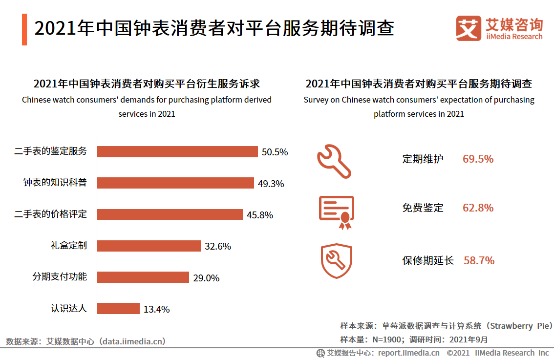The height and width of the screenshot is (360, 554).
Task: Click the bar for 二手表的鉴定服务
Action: [177, 151]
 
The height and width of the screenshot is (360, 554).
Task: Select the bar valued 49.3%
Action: [175, 183]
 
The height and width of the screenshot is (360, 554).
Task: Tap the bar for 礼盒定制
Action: [149, 246]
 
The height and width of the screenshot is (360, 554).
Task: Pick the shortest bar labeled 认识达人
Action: [119, 308]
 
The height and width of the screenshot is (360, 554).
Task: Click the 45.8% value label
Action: [260, 215]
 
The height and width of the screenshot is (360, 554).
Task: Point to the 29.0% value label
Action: [206, 278]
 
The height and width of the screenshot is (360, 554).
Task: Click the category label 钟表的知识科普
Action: [55, 183]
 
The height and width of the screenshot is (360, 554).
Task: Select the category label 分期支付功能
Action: [60, 277]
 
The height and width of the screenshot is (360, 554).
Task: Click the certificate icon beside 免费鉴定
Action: [336, 212]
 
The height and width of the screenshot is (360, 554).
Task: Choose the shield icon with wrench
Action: [336, 260]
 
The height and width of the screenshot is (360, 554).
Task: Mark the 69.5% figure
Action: [478, 159]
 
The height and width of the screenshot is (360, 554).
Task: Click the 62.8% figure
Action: [478, 208]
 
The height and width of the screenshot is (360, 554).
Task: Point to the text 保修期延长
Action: [428, 260]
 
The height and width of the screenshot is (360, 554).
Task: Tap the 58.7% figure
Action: [479, 260]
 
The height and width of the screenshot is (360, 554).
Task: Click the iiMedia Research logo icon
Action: [469, 28]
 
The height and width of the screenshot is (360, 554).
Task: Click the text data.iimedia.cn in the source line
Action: [132, 341]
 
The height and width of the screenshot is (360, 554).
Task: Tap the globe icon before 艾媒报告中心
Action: [320, 353]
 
